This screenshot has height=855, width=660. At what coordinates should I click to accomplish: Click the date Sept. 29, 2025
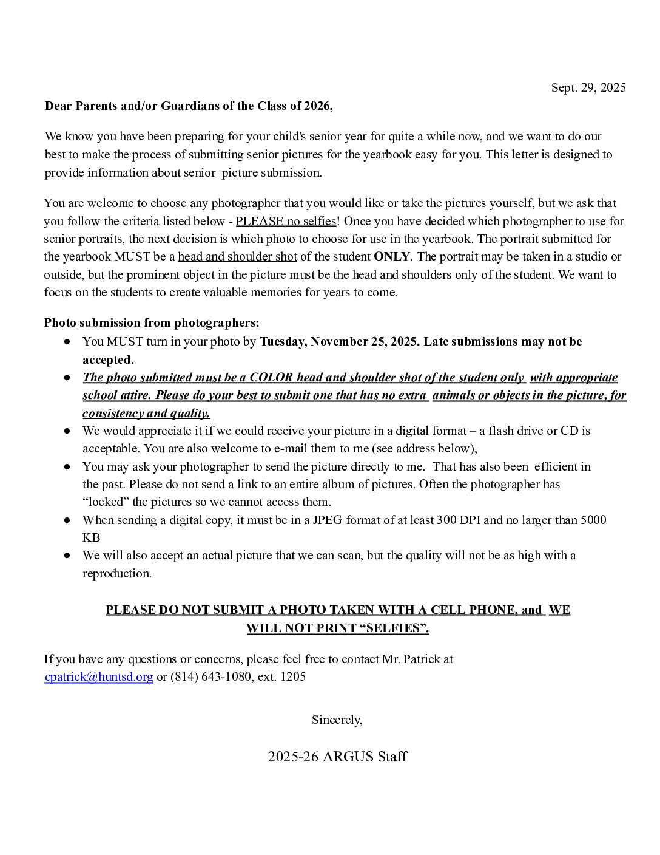click(x=588, y=87)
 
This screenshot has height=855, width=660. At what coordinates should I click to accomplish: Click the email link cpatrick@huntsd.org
click(x=99, y=676)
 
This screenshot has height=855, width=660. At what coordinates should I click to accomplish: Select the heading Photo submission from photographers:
click(x=152, y=322)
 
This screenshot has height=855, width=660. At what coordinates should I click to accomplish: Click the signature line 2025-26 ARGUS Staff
click(x=337, y=757)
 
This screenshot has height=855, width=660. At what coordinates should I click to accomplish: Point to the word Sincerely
click(x=337, y=720)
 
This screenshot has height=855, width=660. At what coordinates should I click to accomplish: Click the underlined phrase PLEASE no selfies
click(x=286, y=221)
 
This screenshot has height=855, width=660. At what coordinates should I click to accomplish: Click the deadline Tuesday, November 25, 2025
click(x=339, y=341)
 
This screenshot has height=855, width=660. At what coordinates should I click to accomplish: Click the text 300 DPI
click(x=459, y=520)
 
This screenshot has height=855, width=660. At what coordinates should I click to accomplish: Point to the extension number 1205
click(x=293, y=676)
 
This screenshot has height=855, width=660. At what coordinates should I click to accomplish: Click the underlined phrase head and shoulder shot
click(x=237, y=256)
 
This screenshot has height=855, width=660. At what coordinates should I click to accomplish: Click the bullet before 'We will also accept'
click(x=67, y=556)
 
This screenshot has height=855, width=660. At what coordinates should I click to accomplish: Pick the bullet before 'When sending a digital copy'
click(x=67, y=520)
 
